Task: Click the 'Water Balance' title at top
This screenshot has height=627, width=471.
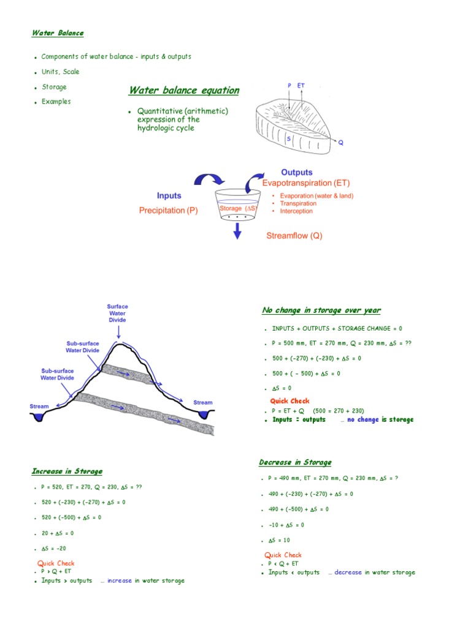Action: [58, 33]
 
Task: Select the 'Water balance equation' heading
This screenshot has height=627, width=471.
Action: [183, 91]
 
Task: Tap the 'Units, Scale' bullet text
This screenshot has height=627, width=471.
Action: [60, 72]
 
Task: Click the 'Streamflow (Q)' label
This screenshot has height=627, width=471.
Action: [294, 236]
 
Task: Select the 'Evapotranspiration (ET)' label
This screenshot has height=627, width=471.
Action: [306, 183]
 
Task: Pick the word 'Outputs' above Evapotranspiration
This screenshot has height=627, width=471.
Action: [296, 173]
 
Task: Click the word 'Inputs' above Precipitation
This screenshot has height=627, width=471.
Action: [169, 196]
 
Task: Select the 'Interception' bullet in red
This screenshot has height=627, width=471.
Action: [296, 211]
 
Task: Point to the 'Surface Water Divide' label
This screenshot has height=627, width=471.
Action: [117, 313]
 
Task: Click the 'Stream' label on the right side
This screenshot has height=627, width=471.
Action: [203, 402]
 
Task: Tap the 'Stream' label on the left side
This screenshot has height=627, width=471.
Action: [39, 406]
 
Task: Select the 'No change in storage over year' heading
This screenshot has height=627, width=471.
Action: [321, 310]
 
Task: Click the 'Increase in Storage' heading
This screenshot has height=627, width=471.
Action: [67, 471]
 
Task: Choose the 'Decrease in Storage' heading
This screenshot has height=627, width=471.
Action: [295, 462]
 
